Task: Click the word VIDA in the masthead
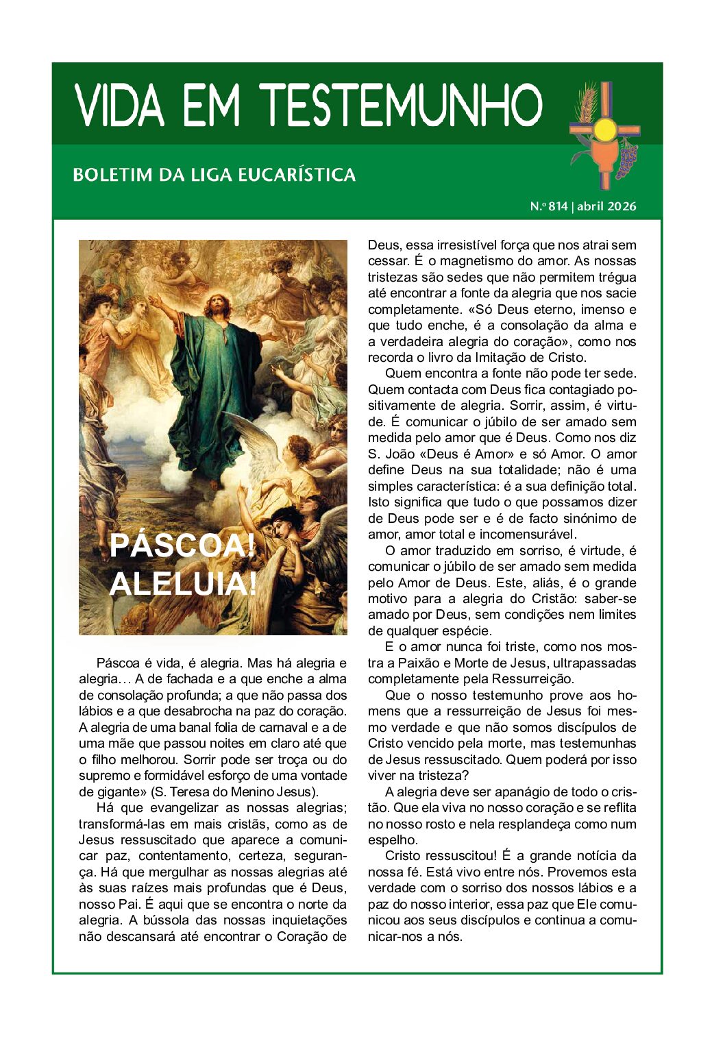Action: point(120,106)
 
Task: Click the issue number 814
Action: point(558,206)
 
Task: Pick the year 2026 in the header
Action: point(622,206)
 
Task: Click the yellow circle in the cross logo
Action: point(605,129)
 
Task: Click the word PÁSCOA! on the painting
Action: point(182,545)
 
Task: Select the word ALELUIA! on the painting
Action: point(183,584)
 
